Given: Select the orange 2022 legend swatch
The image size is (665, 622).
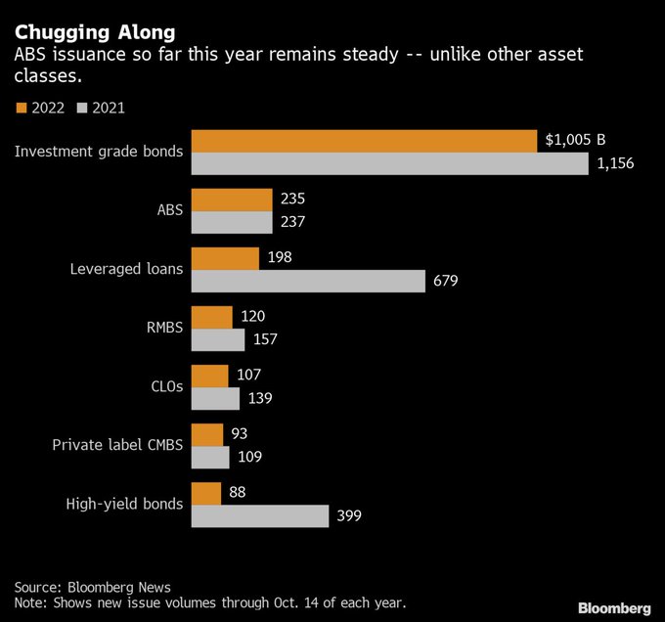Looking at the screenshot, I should (22, 108).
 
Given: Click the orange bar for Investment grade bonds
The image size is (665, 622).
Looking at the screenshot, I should (364, 141).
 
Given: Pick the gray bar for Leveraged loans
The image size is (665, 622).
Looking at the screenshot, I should (308, 282).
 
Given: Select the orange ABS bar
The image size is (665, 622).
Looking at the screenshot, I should (231, 200).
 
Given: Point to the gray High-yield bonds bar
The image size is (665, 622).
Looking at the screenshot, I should (259, 515).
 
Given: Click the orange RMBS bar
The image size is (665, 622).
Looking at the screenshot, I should (211, 317).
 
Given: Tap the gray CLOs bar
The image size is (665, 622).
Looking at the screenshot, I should (214, 399).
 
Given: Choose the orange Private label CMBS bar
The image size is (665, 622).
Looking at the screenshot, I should (206, 434).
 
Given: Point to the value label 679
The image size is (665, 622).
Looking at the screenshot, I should (443, 282).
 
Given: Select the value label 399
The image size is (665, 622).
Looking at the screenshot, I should (350, 515).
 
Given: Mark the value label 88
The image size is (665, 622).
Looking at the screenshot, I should (237, 493).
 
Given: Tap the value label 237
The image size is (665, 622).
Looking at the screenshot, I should (292, 222).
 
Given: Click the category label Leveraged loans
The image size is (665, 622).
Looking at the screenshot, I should (126, 269).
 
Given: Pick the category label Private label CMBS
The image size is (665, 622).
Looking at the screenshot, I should (117, 445).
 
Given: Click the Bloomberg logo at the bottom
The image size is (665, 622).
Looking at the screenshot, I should (614, 608).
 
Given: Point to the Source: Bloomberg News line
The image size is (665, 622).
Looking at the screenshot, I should (92, 587).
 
